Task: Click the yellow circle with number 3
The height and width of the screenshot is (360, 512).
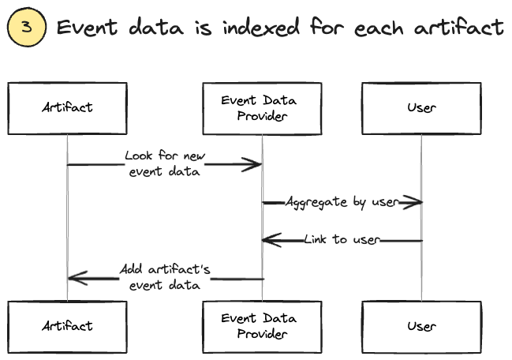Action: tap(26, 28)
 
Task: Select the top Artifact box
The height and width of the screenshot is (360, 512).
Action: tap(67, 107)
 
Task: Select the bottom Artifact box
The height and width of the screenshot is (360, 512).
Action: tap(67, 325)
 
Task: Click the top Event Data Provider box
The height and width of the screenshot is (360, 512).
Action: tap(262, 107)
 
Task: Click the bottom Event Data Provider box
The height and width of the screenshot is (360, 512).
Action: tap(262, 325)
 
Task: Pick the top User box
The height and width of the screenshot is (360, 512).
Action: tap(420, 107)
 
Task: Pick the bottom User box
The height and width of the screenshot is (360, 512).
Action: tap(420, 325)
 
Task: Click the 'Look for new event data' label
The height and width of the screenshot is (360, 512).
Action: tap(165, 163)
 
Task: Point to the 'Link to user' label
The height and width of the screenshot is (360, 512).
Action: tap(342, 239)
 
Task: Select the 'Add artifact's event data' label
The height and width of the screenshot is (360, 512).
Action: tap(165, 276)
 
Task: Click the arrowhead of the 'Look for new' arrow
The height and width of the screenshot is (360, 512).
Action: tap(254, 164)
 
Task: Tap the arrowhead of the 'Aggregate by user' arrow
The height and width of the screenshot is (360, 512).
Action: tap(415, 203)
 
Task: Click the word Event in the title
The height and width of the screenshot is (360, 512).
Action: tap(89, 28)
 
